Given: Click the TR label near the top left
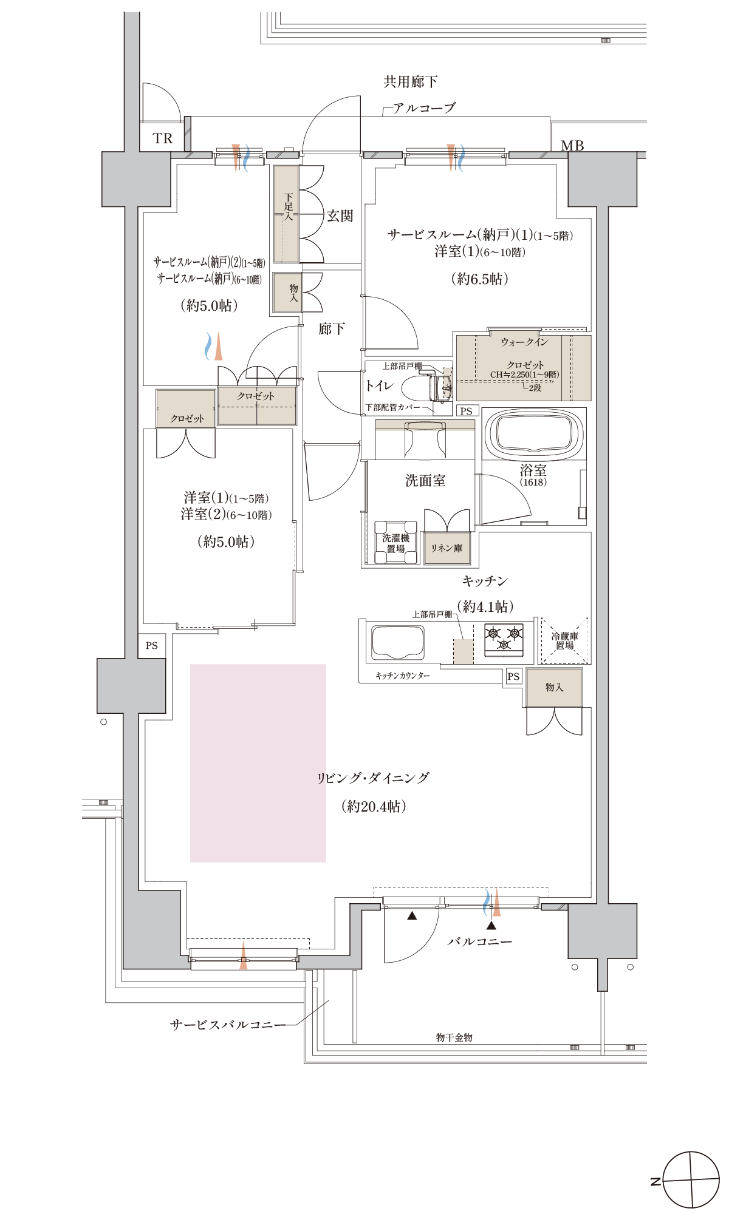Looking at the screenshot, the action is (163, 138).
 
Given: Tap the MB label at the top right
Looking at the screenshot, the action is (572, 146).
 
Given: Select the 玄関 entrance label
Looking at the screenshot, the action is (340, 215).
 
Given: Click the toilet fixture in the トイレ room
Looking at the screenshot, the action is (434, 387).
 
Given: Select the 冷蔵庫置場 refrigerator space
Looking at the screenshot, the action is (565, 640).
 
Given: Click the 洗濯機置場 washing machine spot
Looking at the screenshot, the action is (395, 543).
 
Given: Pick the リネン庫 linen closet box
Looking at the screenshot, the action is (447, 548).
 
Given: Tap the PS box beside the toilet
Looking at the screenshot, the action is (467, 411).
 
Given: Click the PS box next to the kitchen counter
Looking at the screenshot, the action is (513, 676).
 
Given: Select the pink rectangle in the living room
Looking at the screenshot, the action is (258, 763).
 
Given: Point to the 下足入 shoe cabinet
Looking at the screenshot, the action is (286, 214).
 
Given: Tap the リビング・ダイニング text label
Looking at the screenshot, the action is (373, 778).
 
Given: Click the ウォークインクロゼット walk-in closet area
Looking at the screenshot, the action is (524, 367).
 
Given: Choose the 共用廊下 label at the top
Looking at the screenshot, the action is (411, 81).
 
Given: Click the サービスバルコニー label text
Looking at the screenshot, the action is (228, 1025).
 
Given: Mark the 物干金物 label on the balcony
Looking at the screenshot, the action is (454, 1037).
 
